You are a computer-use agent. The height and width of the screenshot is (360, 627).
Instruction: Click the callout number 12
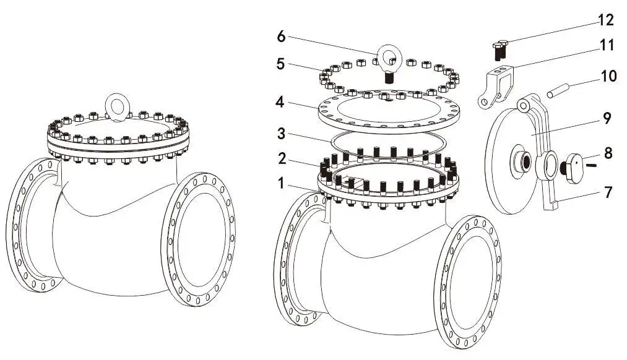pos(605,20)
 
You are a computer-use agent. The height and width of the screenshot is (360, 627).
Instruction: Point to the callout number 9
pos(607,118)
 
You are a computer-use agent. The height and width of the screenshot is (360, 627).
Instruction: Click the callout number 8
pos(608,153)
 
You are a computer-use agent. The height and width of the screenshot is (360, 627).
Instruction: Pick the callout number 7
pos(608,192)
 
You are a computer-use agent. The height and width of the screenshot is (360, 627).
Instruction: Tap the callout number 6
pos(282,36)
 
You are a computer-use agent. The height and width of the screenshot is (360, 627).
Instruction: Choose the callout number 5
pos(282,64)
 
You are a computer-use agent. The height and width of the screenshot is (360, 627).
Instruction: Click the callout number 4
pos(282,102)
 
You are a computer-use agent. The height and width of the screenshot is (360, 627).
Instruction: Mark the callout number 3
pos(282,133)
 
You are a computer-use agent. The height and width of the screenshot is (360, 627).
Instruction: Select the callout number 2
pos(282,160)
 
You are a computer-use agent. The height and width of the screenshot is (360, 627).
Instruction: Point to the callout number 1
pos(282,183)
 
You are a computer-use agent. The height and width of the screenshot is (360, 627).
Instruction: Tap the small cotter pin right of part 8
pos(592,165)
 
